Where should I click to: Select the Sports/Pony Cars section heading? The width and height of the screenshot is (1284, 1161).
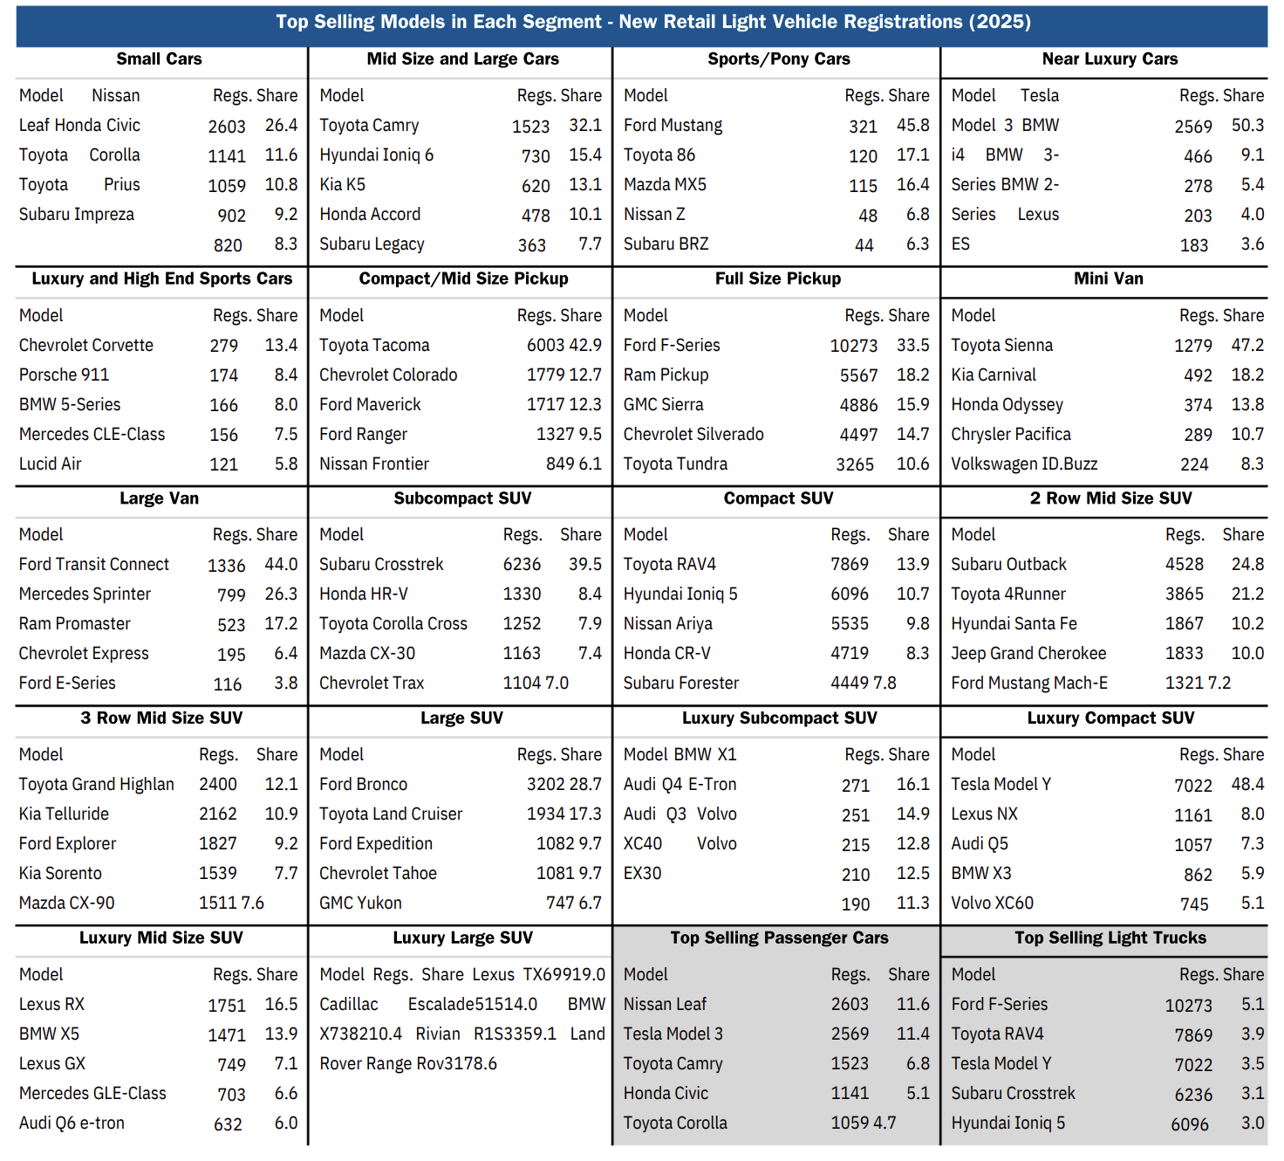(x=778, y=59)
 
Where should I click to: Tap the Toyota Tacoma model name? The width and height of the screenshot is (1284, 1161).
(x=374, y=346)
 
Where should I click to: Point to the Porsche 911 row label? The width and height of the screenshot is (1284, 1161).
(x=64, y=375)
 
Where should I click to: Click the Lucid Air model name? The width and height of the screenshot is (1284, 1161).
(x=50, y=464)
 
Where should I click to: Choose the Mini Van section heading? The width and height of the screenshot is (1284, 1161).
(x=1108, y=279)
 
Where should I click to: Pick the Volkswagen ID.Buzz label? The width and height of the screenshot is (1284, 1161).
(x=1023, y=464)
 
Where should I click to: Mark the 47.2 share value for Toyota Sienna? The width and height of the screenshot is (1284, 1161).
(x=1247, y=346)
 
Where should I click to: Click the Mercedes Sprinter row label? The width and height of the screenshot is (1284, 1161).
(x=85, y=594)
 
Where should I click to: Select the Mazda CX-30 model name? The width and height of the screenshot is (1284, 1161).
(x=366, y=654)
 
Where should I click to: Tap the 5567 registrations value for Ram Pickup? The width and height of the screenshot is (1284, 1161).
(x=858, y=375)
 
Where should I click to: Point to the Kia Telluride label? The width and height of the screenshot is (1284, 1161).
(x=64, y=814)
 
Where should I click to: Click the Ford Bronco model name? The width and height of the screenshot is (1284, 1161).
(x=363, y=785)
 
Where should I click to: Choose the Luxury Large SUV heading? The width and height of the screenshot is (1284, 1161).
(x=462, y=938)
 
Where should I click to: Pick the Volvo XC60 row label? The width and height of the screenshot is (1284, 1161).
(x=992, y=903)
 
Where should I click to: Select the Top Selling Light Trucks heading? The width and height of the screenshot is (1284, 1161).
(x=1110, y=938)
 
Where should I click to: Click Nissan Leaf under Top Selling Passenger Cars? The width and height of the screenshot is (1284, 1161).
(x=665, y=1005)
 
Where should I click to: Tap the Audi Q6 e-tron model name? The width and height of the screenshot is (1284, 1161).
(x=72, y=1123)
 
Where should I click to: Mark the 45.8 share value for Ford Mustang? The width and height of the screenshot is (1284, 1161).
(x=912, y=126)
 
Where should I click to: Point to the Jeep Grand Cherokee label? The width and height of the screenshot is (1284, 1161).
(x=1028, y=654)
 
